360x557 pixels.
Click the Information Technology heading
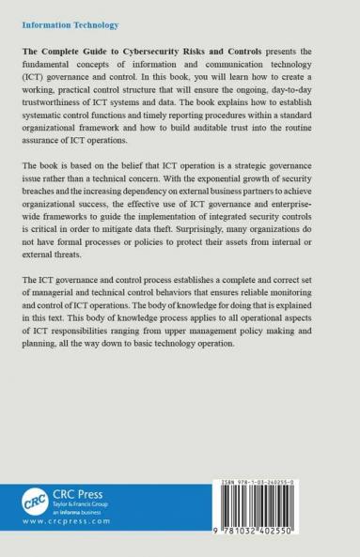[66, 14]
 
